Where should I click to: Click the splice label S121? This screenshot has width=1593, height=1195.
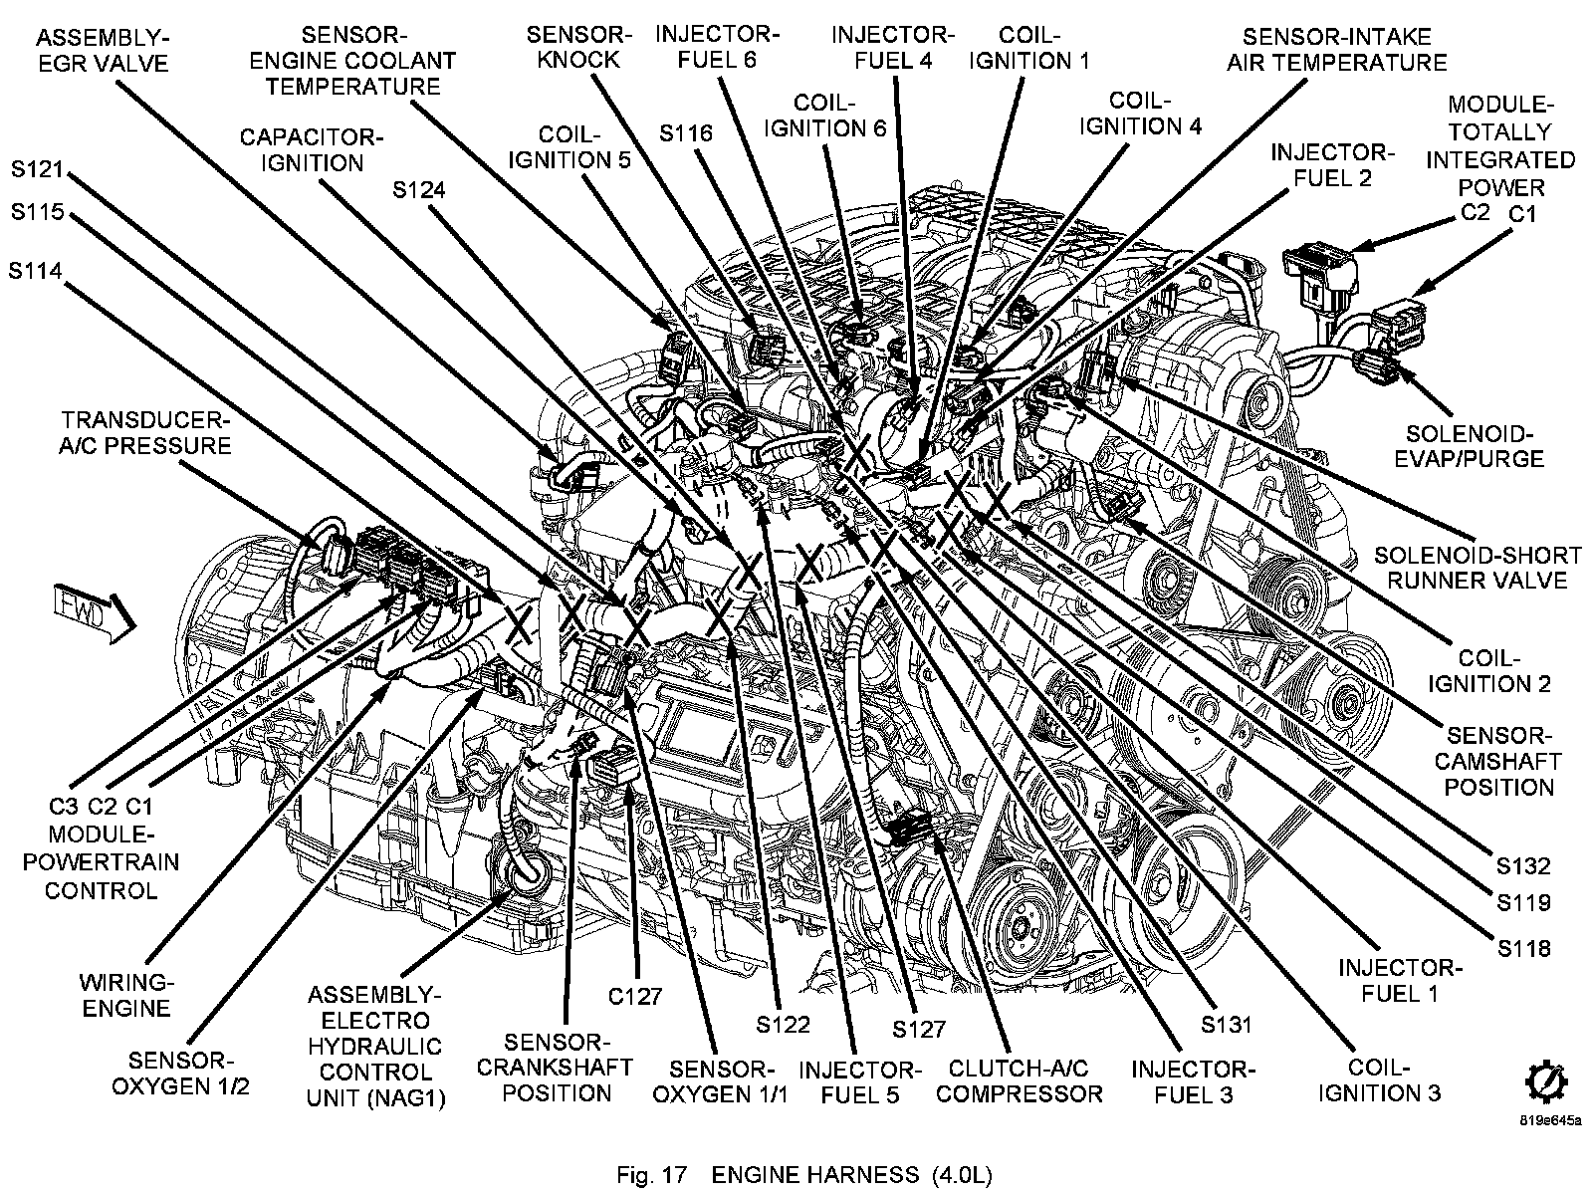coord(38,170)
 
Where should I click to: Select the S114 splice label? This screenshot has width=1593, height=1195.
coord(37,270)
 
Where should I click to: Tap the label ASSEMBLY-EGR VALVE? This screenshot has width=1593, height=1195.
coord(103,50)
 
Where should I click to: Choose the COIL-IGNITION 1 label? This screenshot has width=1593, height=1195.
coord(1028,47)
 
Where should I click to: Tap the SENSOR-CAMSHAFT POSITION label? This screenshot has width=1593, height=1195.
coord(1499,761)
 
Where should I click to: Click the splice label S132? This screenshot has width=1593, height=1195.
coord(1524,865)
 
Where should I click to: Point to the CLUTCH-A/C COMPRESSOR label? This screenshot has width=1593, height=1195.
coord(1021,1080)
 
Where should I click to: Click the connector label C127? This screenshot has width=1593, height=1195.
coord(636,996)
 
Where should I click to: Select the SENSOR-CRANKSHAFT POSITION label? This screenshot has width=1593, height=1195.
coord(556,1067)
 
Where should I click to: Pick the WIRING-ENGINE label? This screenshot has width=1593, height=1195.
coord(126,995)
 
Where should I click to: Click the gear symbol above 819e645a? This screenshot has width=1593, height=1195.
coord(1545,1083)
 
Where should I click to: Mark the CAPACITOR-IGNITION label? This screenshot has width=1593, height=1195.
coord(311,149)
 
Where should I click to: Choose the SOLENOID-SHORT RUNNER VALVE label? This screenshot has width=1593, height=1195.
coord(1478,567)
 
